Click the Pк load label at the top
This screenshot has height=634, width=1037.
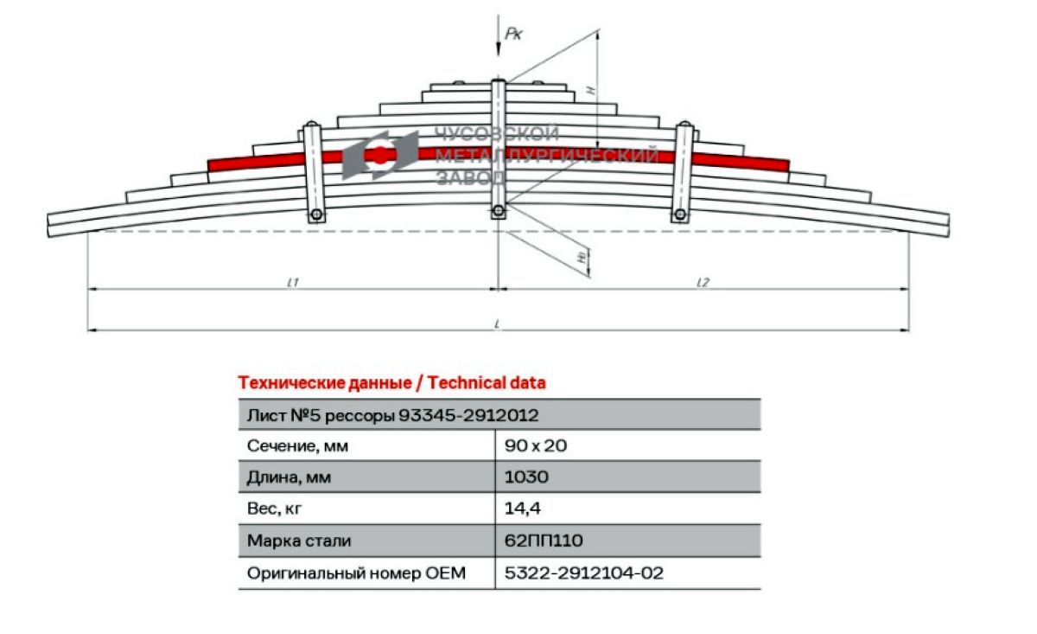(x=513, y=34)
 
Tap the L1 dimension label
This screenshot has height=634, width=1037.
(x=293, y=282)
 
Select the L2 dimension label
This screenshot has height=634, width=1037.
(x=703, y=282)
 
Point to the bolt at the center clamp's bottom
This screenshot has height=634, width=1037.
(x=498, y=211)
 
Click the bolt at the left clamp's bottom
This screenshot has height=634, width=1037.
(x=316, y=215)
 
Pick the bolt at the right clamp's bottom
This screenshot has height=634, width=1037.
(x=680, y=215)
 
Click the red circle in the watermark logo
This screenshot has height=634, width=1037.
(x=379, y=155)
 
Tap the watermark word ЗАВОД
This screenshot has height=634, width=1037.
(x=470, y=177)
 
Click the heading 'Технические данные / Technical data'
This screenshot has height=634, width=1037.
(x=392, y=383)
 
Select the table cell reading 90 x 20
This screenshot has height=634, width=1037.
(x=536, y=445)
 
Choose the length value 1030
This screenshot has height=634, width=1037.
(x=526, y=477)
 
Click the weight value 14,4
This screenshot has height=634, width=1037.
(x=522, y=509)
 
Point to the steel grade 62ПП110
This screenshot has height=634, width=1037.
(x=544, y=541)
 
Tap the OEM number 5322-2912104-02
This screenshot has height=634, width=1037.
(x=584, y=573)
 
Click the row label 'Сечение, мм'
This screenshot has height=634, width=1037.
(x=297, y=445)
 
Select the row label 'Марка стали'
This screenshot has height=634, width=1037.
(x=299, y=541)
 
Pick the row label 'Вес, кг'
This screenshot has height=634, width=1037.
(x=274, y=509)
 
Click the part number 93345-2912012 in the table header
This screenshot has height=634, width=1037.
(x=468, y=415)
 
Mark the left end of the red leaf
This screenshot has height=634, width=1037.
(x=209, y=166)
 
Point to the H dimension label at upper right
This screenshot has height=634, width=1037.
(x=591, y=91)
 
